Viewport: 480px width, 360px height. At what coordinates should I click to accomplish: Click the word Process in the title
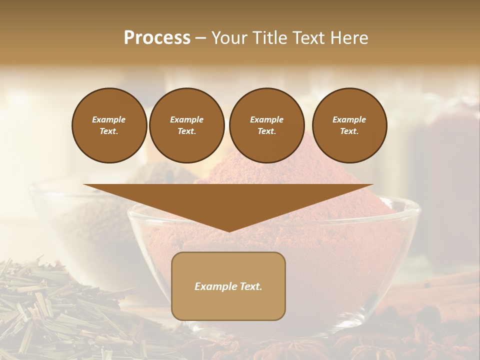pos(157,38)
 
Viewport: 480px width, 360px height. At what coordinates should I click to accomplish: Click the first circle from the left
pos(109,125)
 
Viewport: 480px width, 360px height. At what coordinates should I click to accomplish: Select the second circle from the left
pos(187,125)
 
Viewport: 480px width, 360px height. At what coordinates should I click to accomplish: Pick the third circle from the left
pos(267,125)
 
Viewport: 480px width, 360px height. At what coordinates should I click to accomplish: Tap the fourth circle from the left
pos(349,125)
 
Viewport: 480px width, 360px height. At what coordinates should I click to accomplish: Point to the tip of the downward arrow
pos(228,230)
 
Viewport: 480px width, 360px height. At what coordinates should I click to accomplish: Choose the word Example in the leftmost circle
pos(109,119)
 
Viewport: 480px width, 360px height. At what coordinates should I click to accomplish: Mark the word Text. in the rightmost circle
pos(349,131)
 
